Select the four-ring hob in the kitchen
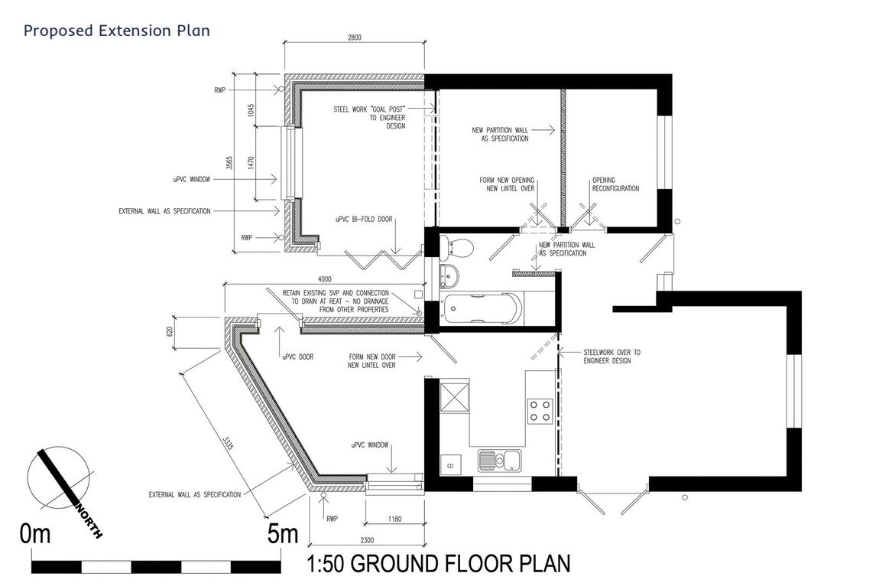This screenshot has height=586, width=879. coord(540,411)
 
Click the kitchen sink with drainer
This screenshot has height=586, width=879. coord(499,461)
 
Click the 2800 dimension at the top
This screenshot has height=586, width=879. coord(355,37)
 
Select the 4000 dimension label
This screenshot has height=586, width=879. coord(325,279)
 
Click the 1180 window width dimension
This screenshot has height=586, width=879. coord(394,519)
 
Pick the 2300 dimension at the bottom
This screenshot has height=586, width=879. coord(367,541)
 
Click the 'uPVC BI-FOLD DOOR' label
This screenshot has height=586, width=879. coord(364,219)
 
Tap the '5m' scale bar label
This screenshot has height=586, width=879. coord(283,533)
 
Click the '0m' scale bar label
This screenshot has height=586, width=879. coord(34,534)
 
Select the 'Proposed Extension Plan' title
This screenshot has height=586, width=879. coord(117,31)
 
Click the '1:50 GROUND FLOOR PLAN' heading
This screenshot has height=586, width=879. coord(439,564)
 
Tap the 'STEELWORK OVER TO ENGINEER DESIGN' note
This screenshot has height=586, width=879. coord(611,356)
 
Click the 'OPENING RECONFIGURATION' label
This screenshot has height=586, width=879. coord(615,184)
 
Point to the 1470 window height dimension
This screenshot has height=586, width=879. coord(251,163)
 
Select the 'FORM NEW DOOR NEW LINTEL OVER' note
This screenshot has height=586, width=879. coord(371,361)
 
